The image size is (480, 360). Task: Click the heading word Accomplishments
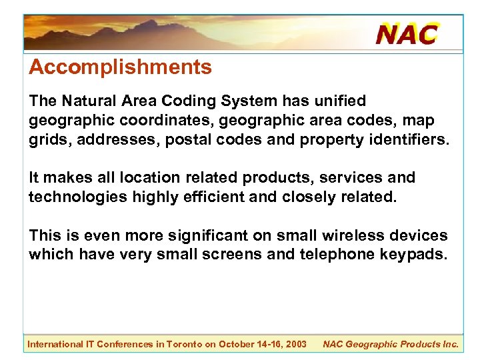pos(120,67)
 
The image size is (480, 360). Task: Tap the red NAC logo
pos(407,33)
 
